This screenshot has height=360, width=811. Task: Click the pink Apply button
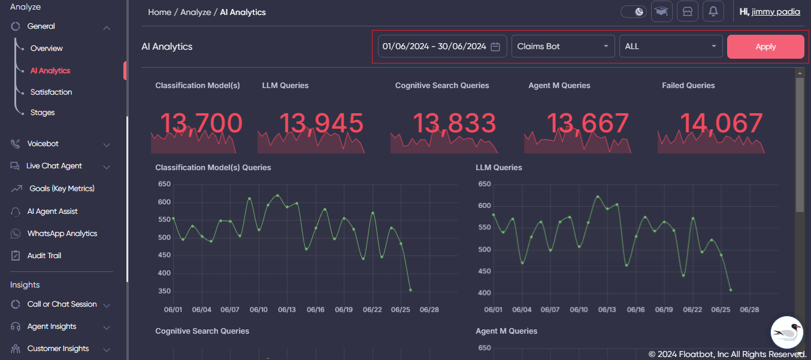tap(765, 47)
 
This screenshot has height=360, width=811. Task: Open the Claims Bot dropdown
tap(562, 47)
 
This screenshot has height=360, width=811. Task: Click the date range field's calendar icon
tap(495, 47)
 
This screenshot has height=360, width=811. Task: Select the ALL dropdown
tap(670, 47)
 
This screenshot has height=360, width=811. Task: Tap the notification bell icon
tap(713, 11)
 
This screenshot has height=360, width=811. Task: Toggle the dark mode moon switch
tap(634, 11)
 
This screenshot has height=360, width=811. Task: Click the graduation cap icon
tap(661, 11)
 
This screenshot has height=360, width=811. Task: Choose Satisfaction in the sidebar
tap(51, 92)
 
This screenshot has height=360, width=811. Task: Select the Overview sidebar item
tap(47, 49)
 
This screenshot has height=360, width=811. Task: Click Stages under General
tap(43, 113)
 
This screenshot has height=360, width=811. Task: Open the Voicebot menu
tap(43, 144)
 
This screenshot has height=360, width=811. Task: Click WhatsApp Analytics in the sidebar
tap(62, 234)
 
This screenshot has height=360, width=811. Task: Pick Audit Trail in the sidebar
tap(44, 256)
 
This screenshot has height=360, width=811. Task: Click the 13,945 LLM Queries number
tap(321, 123)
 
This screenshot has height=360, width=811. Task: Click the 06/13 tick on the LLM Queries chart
tap(607, 310)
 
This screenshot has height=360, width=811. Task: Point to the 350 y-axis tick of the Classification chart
tap(164, 292)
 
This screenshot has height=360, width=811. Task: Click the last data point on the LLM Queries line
tap(731, 290)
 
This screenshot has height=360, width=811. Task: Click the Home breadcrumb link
tap(159, 12)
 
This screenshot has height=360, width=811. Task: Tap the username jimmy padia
tap(776, 12)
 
